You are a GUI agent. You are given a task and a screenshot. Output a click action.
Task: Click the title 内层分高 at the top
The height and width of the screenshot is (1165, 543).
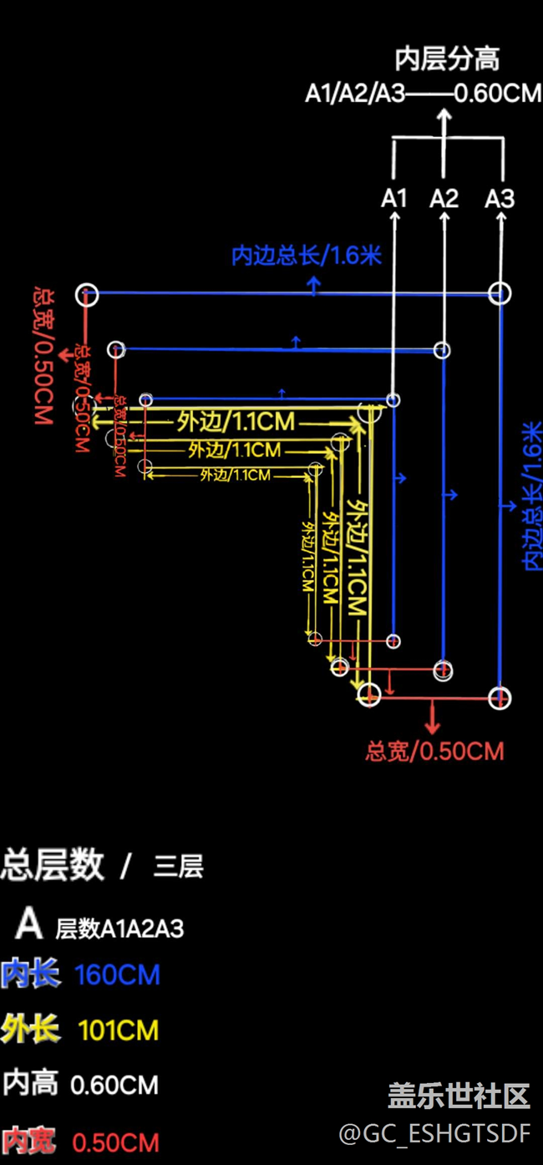coord(447,59)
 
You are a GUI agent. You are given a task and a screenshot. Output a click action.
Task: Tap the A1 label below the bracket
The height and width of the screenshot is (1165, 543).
coord(394,198)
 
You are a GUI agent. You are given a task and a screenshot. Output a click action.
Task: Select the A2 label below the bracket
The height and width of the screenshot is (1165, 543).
coord(444,198)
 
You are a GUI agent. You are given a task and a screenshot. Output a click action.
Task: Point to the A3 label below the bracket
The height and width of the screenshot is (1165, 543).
coord(500,198)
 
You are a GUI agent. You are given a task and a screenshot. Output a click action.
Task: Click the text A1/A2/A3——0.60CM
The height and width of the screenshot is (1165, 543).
coord(423,93)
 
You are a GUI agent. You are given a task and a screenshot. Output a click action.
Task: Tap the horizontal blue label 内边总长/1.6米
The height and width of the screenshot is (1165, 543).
coord(307,255)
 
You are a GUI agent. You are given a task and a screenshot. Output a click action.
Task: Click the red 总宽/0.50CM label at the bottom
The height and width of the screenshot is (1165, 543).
coord(434,750)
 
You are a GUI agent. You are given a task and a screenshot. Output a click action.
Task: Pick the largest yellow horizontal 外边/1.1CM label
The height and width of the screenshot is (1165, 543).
coord(236,421)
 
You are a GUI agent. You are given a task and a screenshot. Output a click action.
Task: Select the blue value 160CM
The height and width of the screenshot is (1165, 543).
coord(117,974)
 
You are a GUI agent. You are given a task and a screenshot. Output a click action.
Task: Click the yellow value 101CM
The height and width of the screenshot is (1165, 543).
coord(119,1030)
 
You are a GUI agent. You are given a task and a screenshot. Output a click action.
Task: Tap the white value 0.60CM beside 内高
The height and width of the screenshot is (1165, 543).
coord(114,1085)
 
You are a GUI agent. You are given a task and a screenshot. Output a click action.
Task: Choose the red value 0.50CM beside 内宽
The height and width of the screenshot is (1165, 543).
coord(115,1142)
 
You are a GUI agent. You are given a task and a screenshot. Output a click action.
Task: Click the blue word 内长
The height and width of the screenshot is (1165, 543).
coord(30,974)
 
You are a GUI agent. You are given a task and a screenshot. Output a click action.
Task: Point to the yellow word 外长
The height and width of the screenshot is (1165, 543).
coord(30,1030)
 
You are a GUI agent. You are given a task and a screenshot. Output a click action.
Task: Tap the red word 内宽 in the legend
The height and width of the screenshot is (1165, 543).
coord(30,1142)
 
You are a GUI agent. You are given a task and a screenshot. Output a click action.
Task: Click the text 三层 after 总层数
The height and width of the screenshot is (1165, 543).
coord(178,867)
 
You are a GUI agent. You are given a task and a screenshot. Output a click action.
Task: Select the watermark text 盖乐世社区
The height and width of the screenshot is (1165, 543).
coord(459,1095)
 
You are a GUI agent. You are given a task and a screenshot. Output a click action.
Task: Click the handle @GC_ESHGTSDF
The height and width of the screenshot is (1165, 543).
coord(434,1133)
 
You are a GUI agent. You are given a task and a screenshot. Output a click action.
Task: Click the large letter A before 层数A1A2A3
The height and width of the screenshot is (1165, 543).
coord(29,923)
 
